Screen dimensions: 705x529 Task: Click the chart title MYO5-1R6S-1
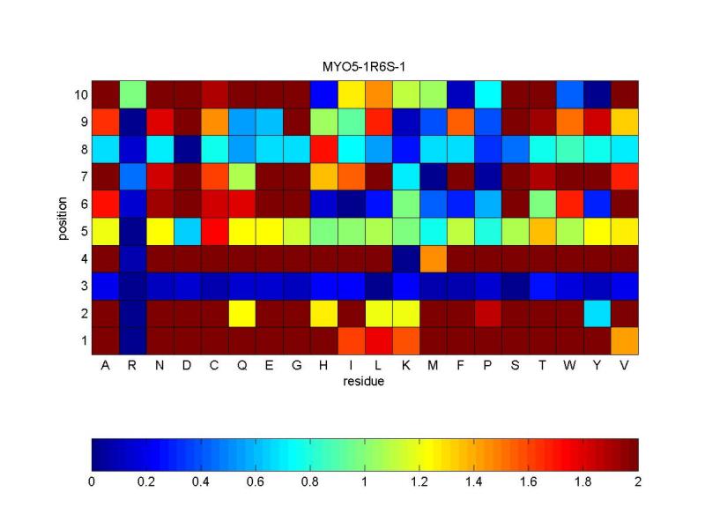point(364,67)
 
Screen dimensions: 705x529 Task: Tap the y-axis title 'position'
point(63,218)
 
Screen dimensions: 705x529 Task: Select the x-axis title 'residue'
point(364,382)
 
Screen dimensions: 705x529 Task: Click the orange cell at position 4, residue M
point(433,259)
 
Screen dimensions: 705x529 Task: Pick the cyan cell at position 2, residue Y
point(597,314)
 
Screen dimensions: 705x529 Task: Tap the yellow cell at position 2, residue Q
point(241,314)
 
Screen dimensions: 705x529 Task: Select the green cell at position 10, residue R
point(133,95)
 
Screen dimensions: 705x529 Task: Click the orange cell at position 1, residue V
point(625,341)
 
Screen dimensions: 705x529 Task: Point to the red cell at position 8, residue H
point(323,149)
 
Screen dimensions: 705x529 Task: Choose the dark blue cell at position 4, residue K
point(406,259)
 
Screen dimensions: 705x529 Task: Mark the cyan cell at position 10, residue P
point(488,95)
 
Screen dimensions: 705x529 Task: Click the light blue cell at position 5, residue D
point(188,232)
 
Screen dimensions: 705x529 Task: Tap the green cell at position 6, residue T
point(543,205)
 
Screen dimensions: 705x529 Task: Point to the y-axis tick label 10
point(81,95)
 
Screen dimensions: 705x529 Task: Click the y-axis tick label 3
point(84,286)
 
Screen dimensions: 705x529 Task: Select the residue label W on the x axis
point(569,365)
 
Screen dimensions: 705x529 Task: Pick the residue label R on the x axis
point(132,365)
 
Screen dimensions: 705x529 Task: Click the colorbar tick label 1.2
point(419,482)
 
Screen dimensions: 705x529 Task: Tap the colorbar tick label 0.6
point(255,482)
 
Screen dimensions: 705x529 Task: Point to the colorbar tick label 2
point(638,482)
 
